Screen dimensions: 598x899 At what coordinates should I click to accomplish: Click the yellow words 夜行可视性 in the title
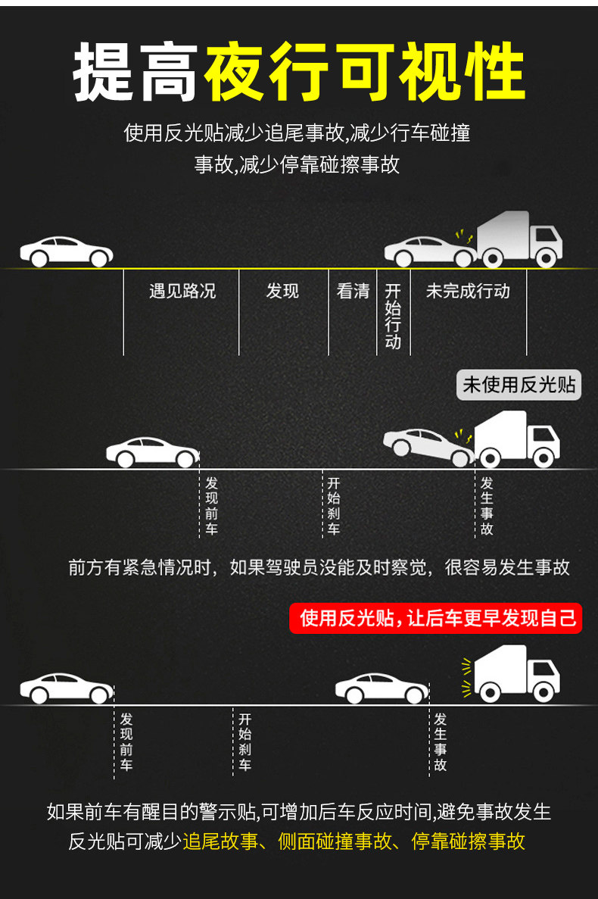(x=366, y=73)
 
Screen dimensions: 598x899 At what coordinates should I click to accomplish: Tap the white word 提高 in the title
(x=136, y=73)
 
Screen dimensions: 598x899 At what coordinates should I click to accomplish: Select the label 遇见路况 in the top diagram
(x=182, y=291)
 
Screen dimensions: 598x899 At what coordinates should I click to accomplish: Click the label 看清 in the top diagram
(x=353, y=291)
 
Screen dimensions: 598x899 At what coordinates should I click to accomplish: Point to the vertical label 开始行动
(x=393, y=316)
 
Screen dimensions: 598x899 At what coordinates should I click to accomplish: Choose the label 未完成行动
(x=468, y=291)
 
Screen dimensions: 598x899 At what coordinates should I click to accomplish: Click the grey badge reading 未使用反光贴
(x=519, y=385)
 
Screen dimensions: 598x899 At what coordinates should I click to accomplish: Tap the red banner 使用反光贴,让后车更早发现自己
(x=438, y=618)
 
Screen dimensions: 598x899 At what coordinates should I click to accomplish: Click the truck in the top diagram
(x=519, y=240)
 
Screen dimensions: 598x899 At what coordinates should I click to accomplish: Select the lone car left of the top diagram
(x=66, y=251)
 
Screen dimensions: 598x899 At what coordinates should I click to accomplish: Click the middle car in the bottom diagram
(x=382, y=688)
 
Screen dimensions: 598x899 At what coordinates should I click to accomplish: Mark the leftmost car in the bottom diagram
(x=66, y=688)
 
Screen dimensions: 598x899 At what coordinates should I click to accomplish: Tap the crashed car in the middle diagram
(x=428, y=447)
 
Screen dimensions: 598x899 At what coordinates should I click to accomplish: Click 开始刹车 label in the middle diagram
(x=334, y=506)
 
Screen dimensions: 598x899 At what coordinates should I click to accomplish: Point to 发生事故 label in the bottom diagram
(x=441, y=741)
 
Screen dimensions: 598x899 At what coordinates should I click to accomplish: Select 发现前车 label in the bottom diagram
(x=126, y=741)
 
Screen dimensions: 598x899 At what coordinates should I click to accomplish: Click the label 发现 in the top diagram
(x=283, y=291)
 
